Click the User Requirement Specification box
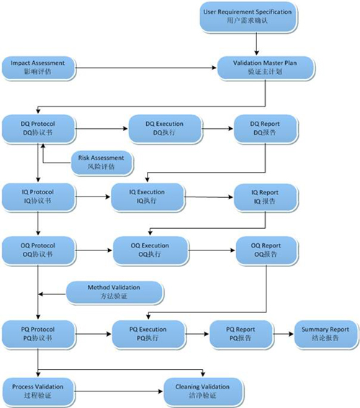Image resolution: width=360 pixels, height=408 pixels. point(248,17)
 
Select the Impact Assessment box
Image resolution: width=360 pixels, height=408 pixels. point(38,68)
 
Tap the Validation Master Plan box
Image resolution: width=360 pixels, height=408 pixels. point(266,68)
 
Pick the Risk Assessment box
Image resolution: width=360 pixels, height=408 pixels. point(102,163)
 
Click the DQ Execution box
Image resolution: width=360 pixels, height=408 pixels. point(165,129)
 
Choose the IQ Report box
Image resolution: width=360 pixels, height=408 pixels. point(266,197)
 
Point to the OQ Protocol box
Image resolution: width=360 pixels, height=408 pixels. point(38,250)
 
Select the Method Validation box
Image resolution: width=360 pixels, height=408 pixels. point(114,292)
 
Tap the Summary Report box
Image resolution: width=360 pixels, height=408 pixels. point(325,334)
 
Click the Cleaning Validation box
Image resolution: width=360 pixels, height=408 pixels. point(203,391)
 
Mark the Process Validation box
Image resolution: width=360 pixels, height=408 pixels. point(38,391)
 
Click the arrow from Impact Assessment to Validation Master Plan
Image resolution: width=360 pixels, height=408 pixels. point(145,68)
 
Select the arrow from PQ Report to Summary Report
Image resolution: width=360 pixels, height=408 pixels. point(283,334)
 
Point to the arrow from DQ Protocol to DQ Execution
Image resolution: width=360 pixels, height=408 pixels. point(102,129)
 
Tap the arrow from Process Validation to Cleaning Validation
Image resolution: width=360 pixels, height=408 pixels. point(119,391)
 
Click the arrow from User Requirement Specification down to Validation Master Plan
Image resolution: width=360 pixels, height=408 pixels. point(256,44)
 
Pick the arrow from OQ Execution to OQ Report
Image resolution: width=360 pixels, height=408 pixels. point(212,250)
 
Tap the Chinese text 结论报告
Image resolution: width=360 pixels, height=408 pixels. point(325,338)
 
